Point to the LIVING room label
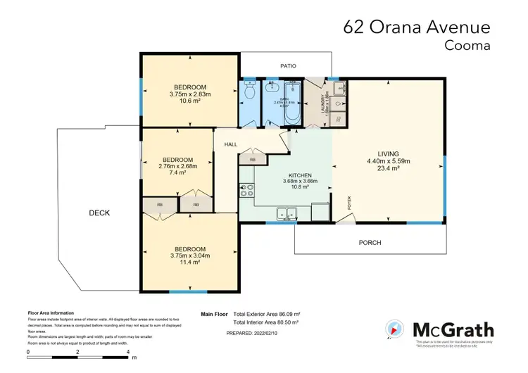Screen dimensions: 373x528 coord(388,153)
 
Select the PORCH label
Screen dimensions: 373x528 coord(370,243)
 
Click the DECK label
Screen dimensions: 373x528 coord(100,213)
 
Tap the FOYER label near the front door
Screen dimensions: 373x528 coord(348,203)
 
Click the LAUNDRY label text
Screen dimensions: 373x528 coord(324,104)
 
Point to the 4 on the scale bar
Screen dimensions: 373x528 coord(127,350)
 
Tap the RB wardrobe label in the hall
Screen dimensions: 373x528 coord(252,159)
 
